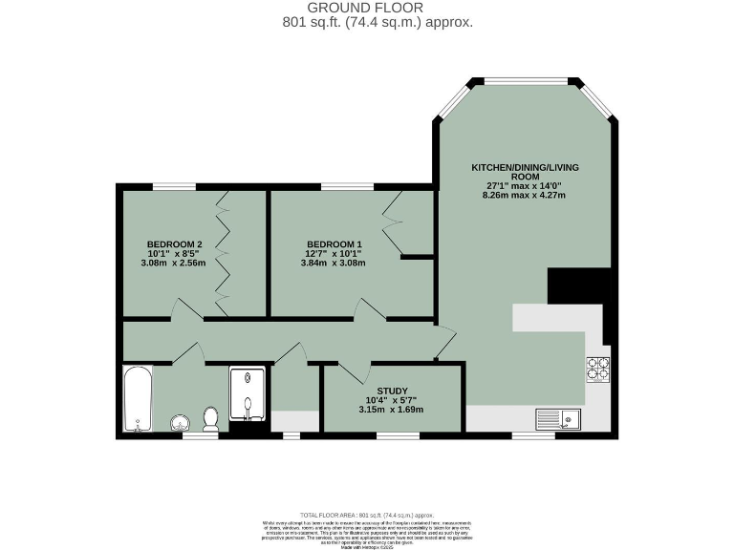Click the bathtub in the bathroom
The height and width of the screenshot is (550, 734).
point(137,398)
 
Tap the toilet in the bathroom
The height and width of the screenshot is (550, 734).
point(211,418)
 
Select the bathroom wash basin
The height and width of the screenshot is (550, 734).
point(180,422)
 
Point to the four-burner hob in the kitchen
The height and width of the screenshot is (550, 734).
point(597,369)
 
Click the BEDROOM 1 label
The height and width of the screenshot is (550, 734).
point(334,243)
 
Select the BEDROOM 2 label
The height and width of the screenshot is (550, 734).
point(174,243)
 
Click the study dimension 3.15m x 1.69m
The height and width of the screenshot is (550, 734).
point(391,410)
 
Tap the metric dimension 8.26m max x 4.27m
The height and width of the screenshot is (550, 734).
point(525,196)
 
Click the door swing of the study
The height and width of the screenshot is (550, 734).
point(350,371)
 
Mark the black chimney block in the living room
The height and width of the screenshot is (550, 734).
point(578,286)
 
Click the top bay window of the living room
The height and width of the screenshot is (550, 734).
point(525,82)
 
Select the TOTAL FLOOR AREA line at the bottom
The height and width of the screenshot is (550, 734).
point(367,515)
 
